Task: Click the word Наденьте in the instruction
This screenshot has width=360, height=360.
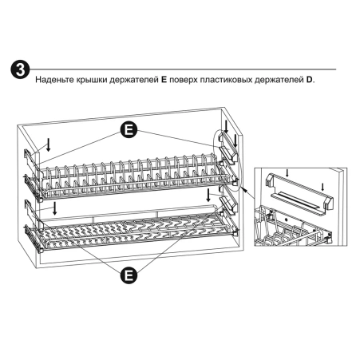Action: point(55,81)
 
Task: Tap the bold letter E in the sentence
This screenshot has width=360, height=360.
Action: point(162,81)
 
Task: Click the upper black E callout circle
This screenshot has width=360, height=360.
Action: point(128,129)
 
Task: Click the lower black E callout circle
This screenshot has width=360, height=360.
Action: point(127,275)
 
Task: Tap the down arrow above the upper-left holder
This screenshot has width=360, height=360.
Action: point(49,144)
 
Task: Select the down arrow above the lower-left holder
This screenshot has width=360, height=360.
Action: point(53,208)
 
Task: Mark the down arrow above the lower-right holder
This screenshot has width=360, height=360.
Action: point(209,195)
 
